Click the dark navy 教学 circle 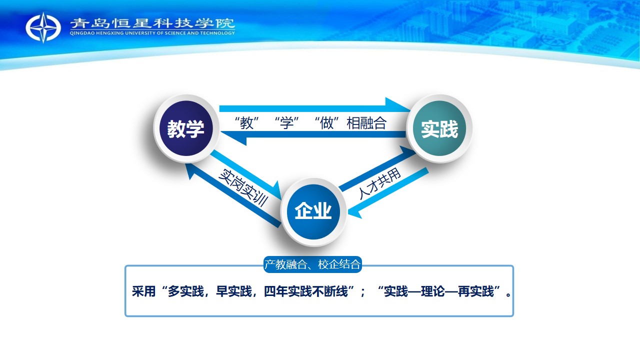pyautogui.click(x=186, y=128)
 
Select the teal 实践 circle pyautogui.click(x=439, y=128)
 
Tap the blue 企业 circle pyautogui.click(x=313, y=211)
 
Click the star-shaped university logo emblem pyautogui.click(x=43, y=27)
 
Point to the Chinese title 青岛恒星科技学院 pyautogui.click(x=152, y=23)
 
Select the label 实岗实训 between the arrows pyautogui.click(x=243, y=187)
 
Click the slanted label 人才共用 pyautogui.click(x=380, y=183)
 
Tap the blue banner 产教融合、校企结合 pyautogui.click(x=312, y=264)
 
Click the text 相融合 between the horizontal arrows pyautogui.click(x=366, y=123)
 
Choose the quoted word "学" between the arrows pyautogui.click(x=287, y=123)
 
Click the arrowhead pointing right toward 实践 pyautogui.click(x=397, y=105)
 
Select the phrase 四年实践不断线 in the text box pyautogui.click(x=306, y=291)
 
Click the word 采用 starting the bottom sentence pyautogui.click(x=143, y=291)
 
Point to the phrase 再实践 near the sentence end pyautogui.click(x=476, y=291)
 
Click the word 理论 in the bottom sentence pyautogui.click(x=433, y=291)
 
